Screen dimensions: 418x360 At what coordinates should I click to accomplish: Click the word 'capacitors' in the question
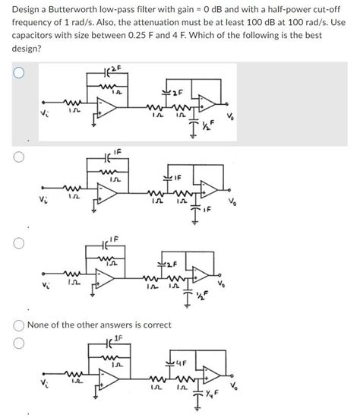[x=36, y=33]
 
